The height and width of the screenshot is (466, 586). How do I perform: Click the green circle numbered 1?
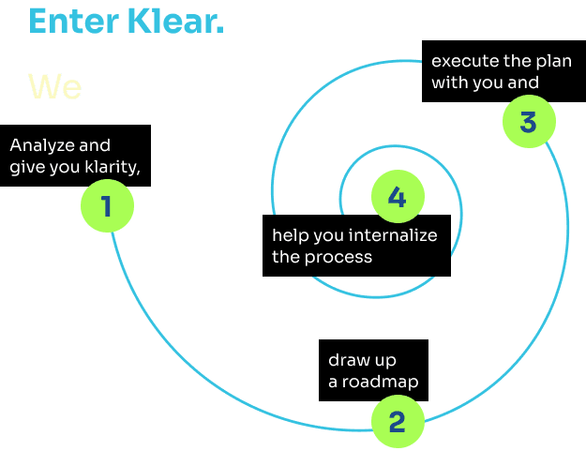tap(106, 205)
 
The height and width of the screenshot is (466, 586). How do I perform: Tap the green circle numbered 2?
tap(398, 422)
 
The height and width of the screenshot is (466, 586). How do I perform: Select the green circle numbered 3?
tap(529, 122)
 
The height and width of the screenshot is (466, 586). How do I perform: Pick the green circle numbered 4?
tap(398, 198)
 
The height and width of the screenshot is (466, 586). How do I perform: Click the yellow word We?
tap(55, 86)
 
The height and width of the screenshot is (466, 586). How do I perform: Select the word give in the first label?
tap(26, 168)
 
